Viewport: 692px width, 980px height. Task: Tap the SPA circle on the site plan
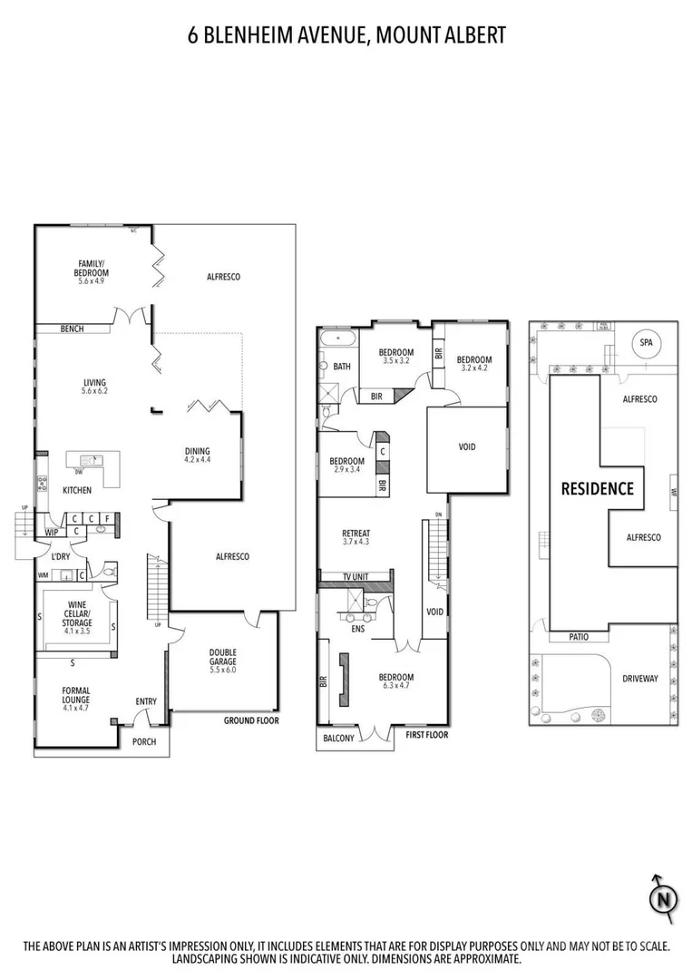[x=646, y=343]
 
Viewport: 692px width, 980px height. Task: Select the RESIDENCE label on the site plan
[x=597, y=489]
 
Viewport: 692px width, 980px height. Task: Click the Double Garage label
[x=222, y=657]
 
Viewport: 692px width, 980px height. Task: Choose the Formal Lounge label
[x=76, y=696]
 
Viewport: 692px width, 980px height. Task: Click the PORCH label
[x=144, y=741]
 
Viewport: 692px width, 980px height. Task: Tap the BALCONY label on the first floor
[x=338, y=739]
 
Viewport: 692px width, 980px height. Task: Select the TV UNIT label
[x=355, y=577]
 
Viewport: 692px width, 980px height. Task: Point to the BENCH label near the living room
[x=73, y=328]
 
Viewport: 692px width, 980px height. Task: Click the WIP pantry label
[x=52, y=533]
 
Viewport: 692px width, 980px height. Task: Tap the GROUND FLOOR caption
[x=251, y=720]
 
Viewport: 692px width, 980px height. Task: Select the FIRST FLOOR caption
[x=427, y=735]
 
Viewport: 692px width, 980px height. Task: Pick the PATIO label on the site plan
[x=579, y=637]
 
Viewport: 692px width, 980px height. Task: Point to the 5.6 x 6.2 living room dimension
[x=94, y=391]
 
